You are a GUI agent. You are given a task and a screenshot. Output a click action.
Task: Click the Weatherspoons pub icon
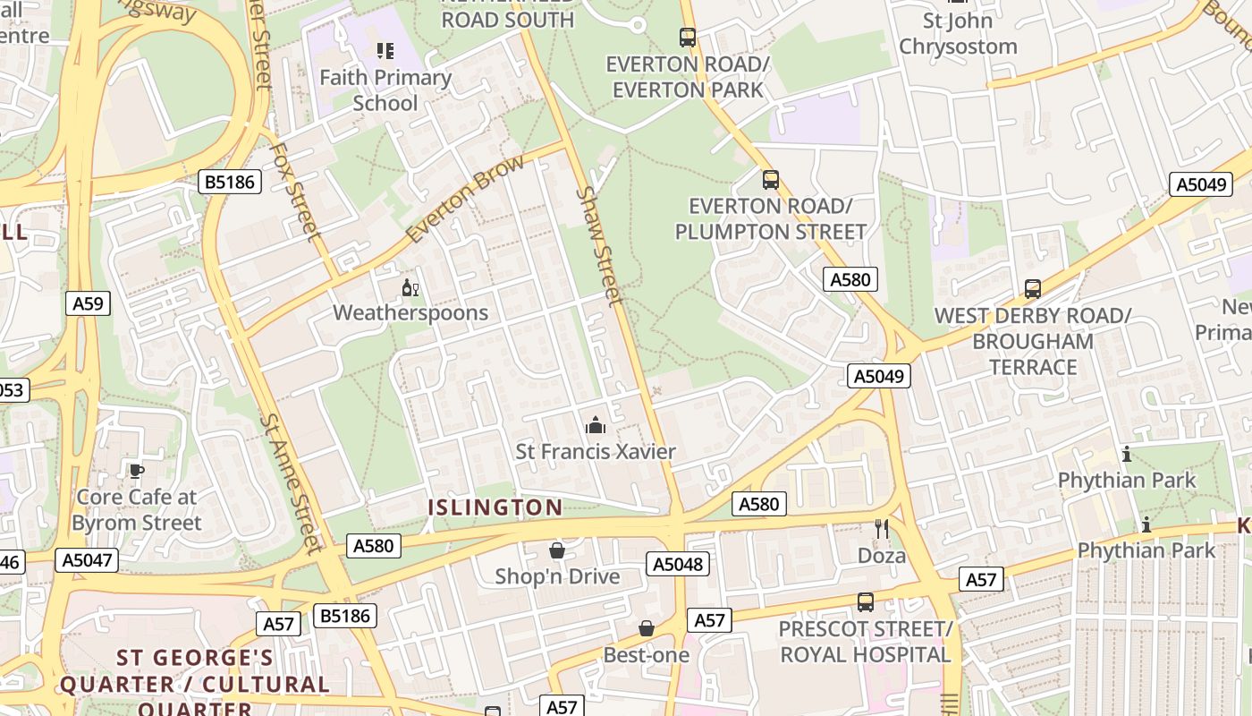[x=410, y=288]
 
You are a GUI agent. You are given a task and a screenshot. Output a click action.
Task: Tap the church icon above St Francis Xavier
[x=595, y=426]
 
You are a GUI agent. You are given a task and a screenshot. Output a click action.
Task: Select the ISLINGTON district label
[x=495, y=507]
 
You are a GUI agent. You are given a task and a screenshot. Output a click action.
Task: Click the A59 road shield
[x=88, y=303]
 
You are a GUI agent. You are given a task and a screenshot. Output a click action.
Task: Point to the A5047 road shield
[x=86, y=560]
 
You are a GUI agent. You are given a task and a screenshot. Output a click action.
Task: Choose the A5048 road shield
[x=678, y=564]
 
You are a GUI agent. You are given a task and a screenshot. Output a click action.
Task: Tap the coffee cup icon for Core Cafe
[x=136, y=471]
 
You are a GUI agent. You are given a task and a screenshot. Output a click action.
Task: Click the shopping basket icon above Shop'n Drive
[x=557, y=550]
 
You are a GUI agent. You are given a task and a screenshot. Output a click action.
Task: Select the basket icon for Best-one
[x=647, y=629]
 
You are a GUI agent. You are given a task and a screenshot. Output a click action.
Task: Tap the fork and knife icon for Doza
[x=882, y=529]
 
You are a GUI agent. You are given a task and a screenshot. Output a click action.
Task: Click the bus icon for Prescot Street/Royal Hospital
[x=865, y=602]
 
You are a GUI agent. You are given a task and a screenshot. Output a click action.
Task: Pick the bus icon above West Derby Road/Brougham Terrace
[x=1033, y=289]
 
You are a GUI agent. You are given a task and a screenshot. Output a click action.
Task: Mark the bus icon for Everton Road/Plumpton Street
[x=770, y=180]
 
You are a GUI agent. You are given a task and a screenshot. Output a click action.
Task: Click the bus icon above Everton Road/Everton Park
[x=687, y=38]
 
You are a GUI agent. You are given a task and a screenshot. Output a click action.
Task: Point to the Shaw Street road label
[x=600, y=245]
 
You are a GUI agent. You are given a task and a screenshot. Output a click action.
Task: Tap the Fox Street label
[x=295, y=191]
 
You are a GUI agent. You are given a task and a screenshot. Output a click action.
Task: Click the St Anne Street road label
[x=290, y=483]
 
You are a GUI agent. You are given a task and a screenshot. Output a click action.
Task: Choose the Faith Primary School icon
[x=385, y=51]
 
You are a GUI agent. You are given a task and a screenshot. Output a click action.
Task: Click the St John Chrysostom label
[x=958, y=33]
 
